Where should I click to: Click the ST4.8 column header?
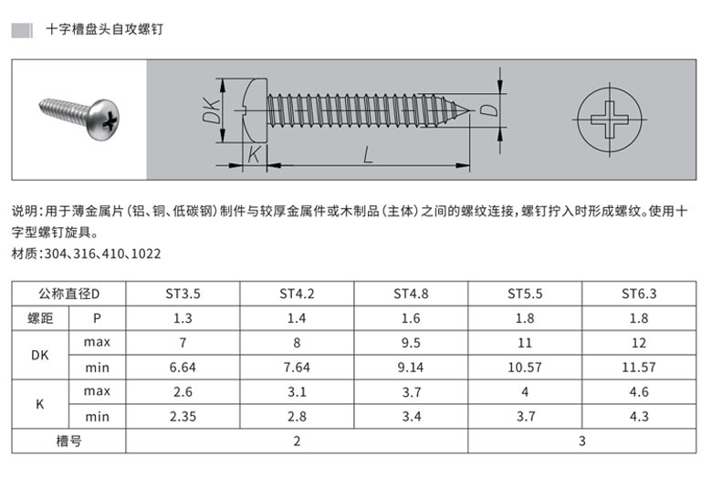(x=411, y=294)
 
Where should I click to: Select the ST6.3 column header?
(x=639, y=294)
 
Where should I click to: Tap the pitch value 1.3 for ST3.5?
(x=183, y=318)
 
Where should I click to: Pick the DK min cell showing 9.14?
(x=411, y=368)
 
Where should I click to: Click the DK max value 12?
(x=639, y=343)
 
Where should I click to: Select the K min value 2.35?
(x=183, y=416)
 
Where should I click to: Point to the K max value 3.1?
(x=297, y=391)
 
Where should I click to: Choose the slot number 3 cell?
(x=582, y=441)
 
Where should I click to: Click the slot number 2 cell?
(x=297, y=441)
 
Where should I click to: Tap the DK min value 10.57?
(x=525, y=368)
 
